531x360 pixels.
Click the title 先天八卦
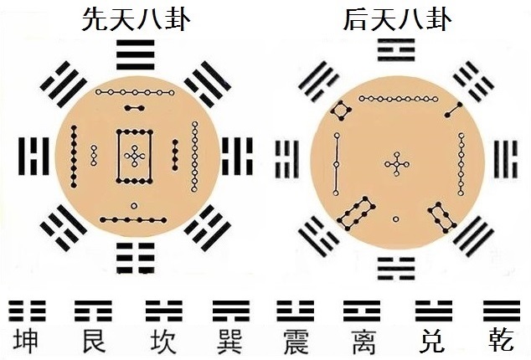[x=137, y=18]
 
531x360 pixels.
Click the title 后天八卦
[x=398, y=18]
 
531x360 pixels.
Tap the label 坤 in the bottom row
[x=26, y=341]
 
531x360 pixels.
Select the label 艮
[x=94, y=341]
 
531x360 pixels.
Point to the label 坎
[x=164, y=341]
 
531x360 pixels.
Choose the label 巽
[x=230, y=341]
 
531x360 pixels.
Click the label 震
[x=296, y=341]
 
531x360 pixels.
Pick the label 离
[x=363, y=341]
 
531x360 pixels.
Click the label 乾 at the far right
[x=501, y=341]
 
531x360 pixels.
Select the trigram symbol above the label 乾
[x=502, y=311]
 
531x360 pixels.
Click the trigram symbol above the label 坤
[x=27, y=311]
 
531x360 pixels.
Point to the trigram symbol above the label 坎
[x=164, y=311]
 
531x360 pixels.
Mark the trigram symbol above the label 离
[x=362, y=311]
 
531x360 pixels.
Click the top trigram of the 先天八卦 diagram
[x=136, y=55]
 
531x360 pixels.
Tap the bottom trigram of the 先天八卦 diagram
[x=136, y=258]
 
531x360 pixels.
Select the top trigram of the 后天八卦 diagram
[x=396, y=50]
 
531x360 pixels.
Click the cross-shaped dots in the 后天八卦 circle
[x=396, y=165]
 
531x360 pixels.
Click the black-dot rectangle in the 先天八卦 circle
[x=135, y=156]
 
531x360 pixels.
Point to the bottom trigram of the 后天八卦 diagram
[x=396, y=269]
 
